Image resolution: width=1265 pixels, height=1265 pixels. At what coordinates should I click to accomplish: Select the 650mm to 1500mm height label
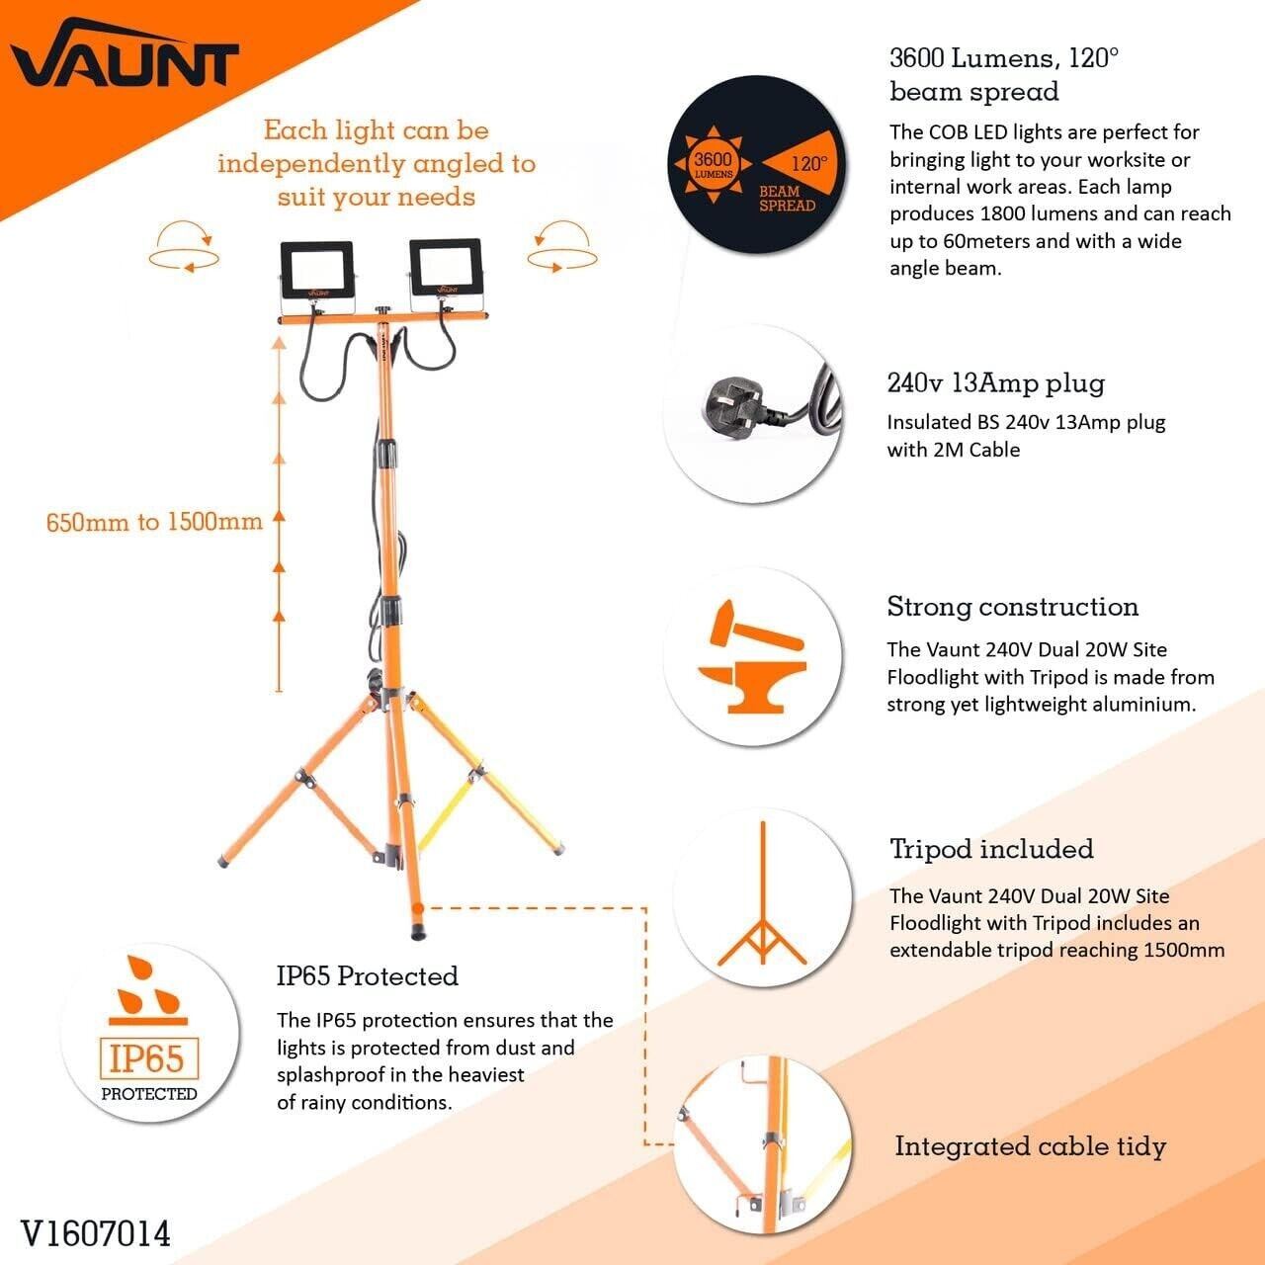tap(154, 522)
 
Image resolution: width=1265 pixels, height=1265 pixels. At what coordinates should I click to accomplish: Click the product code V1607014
tap(96, 1234)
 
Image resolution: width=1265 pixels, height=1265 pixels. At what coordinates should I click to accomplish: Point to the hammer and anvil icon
tap(752, 656)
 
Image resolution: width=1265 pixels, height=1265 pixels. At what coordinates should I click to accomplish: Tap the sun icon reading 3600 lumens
tap(713, 165)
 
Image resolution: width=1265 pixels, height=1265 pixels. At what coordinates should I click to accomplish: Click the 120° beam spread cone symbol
tap(801, 161)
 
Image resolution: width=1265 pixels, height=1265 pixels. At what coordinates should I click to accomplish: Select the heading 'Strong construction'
tap(1012, 607)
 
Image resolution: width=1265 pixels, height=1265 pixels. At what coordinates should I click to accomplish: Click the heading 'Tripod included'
tap(991, 849)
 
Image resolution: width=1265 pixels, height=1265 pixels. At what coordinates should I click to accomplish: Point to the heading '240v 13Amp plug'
tap(996, 383)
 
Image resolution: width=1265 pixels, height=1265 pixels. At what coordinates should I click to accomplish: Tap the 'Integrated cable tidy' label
tap(1031, 1146)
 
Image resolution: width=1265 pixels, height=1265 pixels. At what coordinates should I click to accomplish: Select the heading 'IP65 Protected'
tap(367, 976)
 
